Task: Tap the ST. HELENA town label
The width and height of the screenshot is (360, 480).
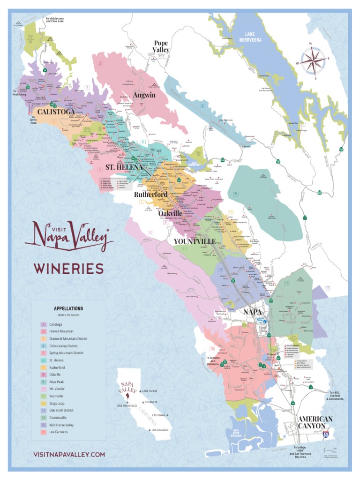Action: pos(124,167)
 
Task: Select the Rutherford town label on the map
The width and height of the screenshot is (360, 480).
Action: pos(150,194)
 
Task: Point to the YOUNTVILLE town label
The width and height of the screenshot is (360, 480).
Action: pos(195,241)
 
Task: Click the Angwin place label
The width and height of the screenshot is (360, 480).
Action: pos(144,95)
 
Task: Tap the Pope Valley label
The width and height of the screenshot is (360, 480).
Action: pos(161,46)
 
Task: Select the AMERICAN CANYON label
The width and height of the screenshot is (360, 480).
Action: pos(315,422)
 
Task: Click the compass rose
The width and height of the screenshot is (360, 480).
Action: pos(313,60)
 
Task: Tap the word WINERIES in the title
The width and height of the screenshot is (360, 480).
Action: pos(68,269)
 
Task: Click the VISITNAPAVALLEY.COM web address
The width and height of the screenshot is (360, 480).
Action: pos(69,454)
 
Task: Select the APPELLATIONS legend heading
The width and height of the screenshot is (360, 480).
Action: pos(68,308)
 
